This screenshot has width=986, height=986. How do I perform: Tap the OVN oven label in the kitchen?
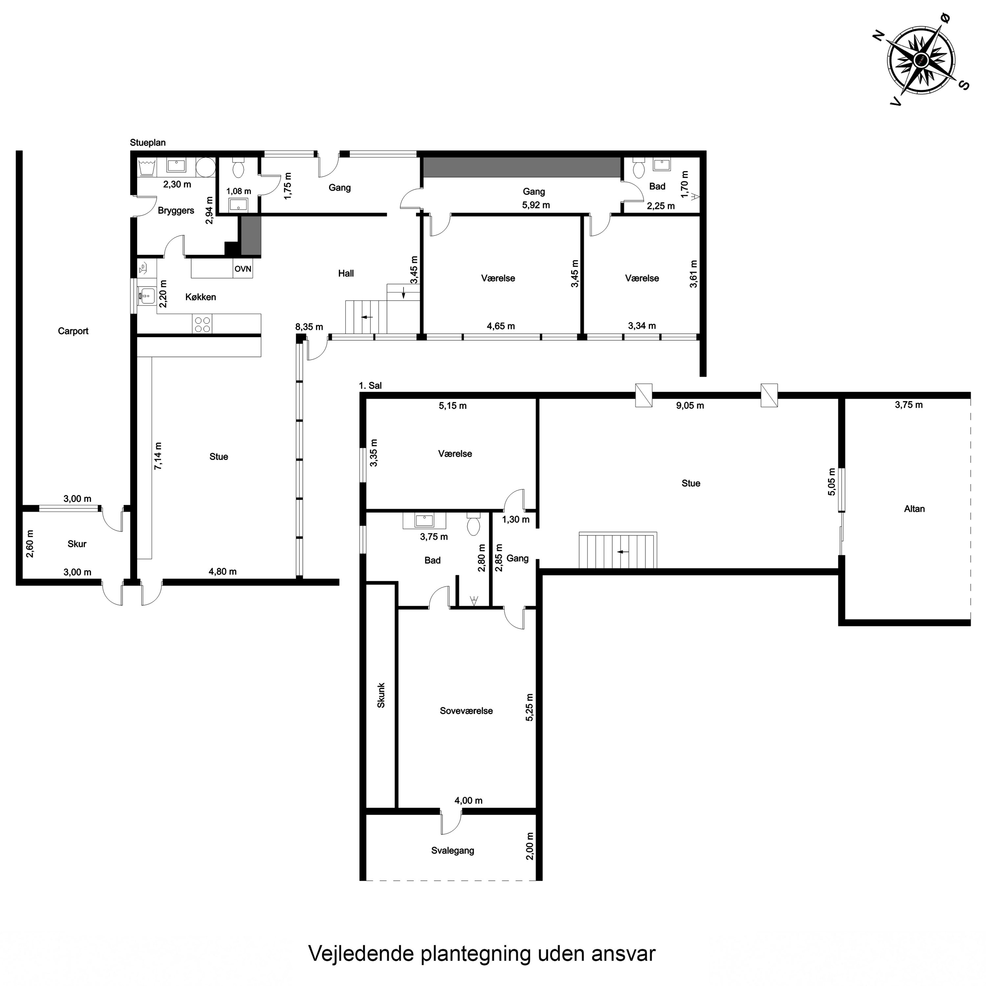pos(243,269)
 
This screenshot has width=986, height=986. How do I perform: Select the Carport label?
pos(73,331)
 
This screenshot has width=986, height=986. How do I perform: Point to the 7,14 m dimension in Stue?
pos(158,456)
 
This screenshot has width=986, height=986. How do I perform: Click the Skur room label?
pos(77,544)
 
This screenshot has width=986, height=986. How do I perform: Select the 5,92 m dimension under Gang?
pos(536,205)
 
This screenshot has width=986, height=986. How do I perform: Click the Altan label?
pos(914,509)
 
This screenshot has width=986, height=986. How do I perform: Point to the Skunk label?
pos(381,695)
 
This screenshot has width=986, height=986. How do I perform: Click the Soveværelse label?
pos(466,711)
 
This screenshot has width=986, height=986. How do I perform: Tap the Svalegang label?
pos(452,851)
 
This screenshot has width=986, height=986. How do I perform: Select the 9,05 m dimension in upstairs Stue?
pos(690,406)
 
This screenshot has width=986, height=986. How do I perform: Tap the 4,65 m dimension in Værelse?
pos(501,326)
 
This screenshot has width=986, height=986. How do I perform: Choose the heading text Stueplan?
pos(148,143)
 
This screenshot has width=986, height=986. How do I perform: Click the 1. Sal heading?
pos(370,386)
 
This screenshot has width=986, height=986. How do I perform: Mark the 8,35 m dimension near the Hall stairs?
pos(309,327)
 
